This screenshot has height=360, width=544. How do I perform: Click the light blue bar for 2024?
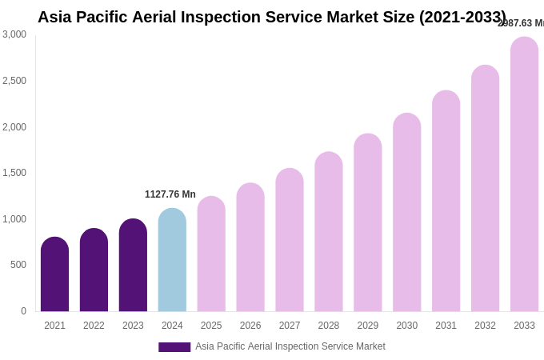[172, 260]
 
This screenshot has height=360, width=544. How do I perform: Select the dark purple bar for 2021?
[54, 274]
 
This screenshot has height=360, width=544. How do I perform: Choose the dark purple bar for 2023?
[133, 266]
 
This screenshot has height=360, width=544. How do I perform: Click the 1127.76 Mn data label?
[170, 194]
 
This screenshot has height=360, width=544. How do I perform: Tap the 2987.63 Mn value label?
[521, 23]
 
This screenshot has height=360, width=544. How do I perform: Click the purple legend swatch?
[174, 347]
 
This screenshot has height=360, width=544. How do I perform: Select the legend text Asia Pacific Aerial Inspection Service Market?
[290, 346]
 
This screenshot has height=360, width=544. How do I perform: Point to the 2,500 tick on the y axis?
[14, 81]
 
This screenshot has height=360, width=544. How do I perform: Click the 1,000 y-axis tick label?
[14, 219]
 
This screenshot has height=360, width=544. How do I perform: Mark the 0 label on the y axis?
[23, 311]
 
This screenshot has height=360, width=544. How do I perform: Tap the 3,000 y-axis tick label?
[14, 34]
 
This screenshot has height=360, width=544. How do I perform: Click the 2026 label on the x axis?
[250, 326]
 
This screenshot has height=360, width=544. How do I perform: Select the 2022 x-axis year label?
[94, 326]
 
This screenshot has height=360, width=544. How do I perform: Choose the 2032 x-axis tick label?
[485, 326]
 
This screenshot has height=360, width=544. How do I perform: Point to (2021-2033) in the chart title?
[462, 17]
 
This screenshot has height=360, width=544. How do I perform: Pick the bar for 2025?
[211, 254]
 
